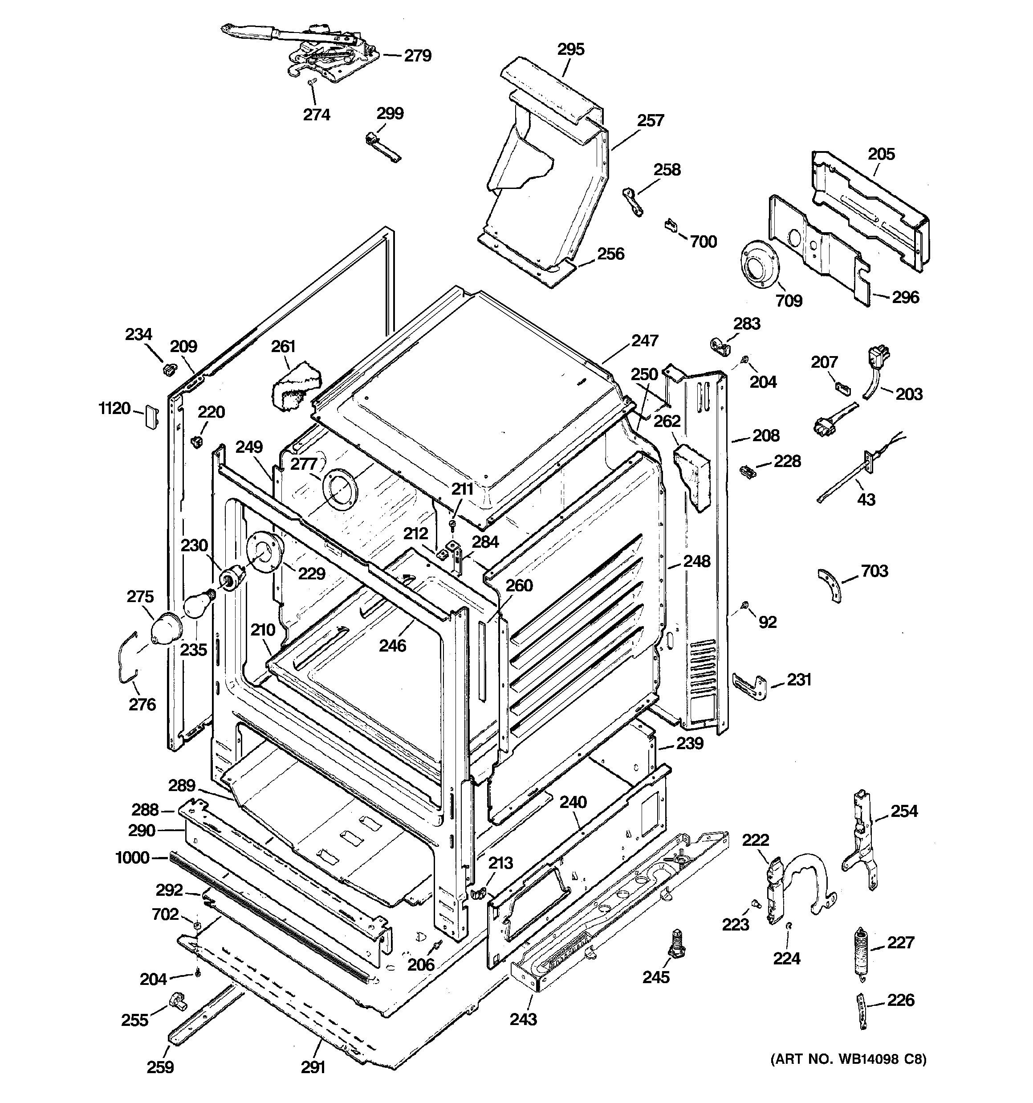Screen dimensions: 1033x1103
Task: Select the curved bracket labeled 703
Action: (x=830, y=584)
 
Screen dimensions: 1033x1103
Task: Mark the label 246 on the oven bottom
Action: (x=393, y=645)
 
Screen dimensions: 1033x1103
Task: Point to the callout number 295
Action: (x=570, y=49)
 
